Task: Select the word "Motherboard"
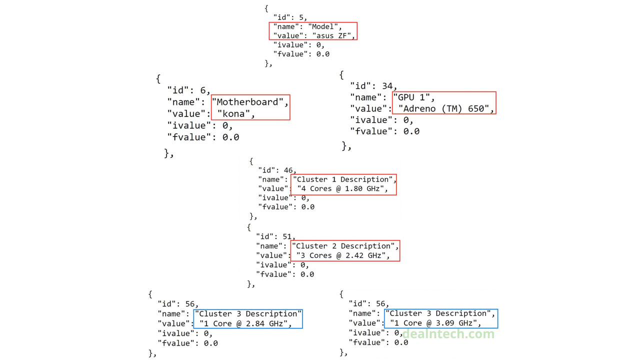click(x=250, y=102)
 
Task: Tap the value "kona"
click(x=235, y=114)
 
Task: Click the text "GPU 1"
click(x=413, y=97)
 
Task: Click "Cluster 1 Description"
click(x=344, y=179)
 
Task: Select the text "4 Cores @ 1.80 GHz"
click(x=342, y=188)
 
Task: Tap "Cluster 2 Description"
click(x=345, y=246)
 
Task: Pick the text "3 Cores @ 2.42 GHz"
click(x=342, y=255)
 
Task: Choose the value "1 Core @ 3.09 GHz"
click(x=434, y=323)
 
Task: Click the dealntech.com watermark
click(x=448, y=334)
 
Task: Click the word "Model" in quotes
click(x=324, y=26)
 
